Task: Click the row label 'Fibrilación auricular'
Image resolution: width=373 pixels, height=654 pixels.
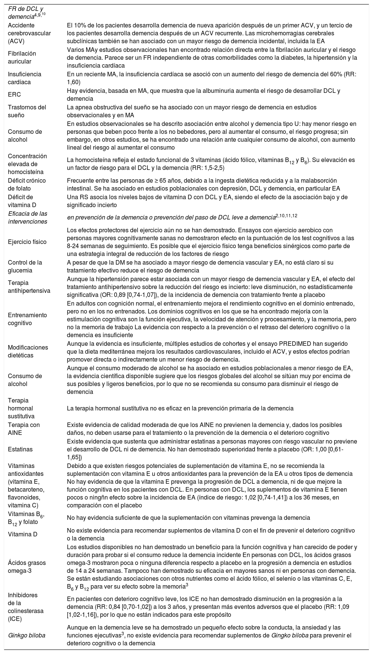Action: click(22, 58)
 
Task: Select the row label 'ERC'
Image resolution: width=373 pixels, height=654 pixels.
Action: click(14, 95)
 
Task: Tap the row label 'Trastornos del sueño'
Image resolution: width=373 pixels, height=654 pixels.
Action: click(27, 111)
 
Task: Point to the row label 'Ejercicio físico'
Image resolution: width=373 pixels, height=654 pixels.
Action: click(27, 242)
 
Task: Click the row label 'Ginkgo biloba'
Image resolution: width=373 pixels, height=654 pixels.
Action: click(26, 636)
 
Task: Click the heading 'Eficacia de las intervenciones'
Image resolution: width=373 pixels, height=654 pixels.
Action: click(27, 218)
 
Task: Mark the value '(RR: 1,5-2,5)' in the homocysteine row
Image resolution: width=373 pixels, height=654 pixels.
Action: click(207, 168)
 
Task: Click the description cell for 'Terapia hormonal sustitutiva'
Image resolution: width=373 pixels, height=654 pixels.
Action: click(180, 408)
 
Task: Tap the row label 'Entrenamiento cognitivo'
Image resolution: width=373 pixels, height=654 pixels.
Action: click(27, 319)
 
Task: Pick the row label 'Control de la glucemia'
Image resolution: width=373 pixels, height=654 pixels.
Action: click(25, 266)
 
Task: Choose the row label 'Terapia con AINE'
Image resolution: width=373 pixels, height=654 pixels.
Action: click(24, 429)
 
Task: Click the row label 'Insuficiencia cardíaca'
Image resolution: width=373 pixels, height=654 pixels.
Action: click(24, 78)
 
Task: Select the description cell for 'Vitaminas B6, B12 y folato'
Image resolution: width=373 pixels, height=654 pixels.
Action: click(188, 518)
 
